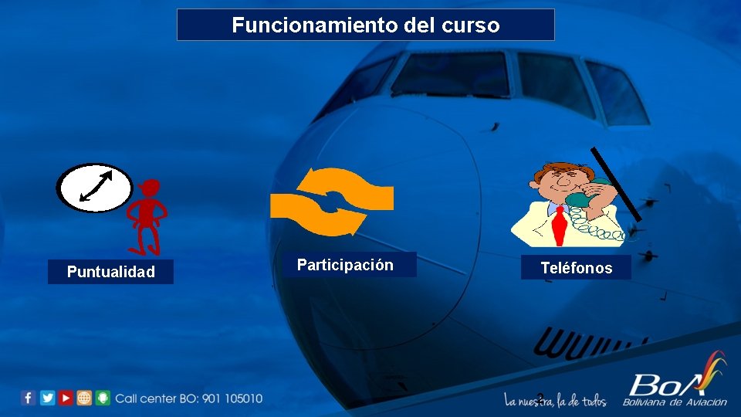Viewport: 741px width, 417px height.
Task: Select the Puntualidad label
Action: pos(110,272)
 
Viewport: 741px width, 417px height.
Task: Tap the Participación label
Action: pos(345,266)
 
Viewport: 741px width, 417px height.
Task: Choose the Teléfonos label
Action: pos(576,268)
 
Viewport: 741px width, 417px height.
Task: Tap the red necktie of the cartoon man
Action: pos(559,223)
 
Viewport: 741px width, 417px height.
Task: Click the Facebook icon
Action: pos(29,398)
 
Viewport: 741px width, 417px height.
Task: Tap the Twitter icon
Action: pos(47,398)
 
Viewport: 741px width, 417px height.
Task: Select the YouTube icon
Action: pos(66,398)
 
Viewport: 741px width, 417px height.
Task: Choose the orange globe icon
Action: pos(84,398)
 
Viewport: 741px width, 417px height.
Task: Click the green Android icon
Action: pos(103,398)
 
